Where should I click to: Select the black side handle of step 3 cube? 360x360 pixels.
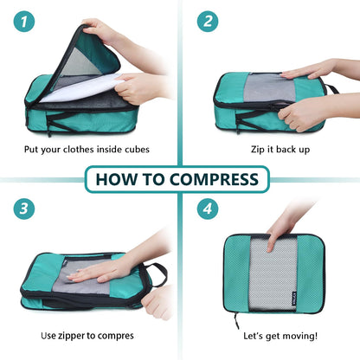pyautogui.click(x=157, y=275)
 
